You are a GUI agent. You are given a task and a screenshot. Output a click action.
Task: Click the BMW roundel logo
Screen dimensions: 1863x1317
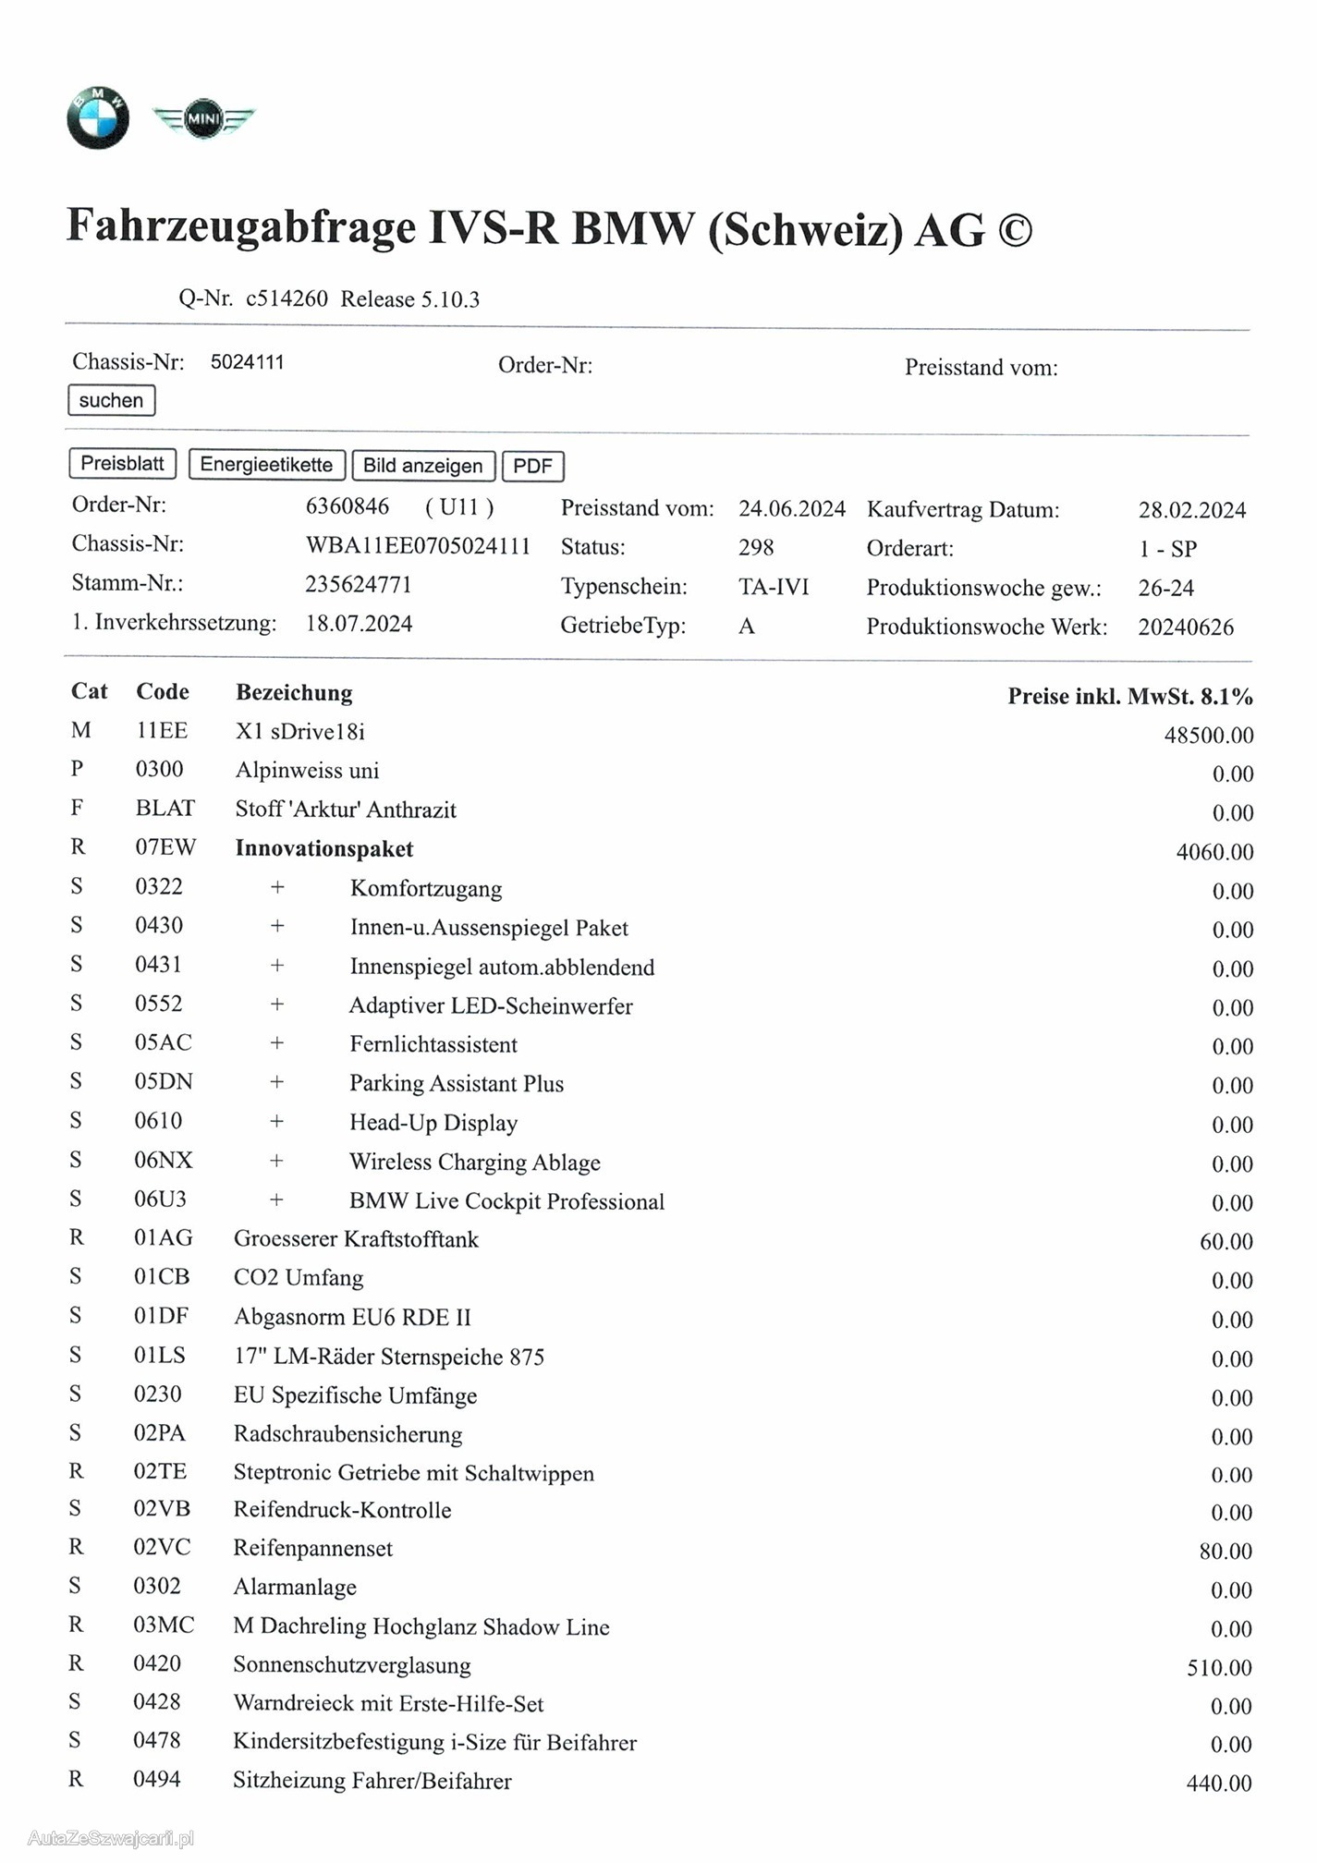98,117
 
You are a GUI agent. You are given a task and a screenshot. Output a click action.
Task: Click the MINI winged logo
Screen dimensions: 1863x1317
203,119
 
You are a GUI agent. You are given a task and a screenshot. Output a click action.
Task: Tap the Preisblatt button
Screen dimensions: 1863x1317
122,464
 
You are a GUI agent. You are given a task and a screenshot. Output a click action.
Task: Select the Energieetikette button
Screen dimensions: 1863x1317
266,465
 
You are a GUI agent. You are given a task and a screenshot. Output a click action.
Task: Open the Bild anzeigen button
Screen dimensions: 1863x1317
423,466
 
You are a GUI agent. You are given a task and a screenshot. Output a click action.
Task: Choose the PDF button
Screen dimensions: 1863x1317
532,466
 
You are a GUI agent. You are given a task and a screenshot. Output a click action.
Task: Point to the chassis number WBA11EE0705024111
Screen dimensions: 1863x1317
418,546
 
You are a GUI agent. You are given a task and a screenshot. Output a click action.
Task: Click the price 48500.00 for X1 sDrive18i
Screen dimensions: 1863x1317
1208,736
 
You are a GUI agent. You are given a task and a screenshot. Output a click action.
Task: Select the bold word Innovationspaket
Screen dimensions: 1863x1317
324,849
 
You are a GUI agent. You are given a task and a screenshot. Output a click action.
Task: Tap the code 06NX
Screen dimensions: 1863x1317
164,1161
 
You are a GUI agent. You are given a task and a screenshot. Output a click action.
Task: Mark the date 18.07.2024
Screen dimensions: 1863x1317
359,624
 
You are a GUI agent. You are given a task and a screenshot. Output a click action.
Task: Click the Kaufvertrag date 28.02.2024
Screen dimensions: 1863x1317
1191,510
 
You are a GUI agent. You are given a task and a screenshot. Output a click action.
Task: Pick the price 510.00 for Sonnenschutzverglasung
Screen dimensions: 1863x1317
1219,1668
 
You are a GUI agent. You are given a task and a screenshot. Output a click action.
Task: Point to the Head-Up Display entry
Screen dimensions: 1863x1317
433,1123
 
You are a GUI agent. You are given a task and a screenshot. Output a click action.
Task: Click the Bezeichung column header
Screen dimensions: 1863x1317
294,693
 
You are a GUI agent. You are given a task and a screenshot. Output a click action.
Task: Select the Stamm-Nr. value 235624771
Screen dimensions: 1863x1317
359,585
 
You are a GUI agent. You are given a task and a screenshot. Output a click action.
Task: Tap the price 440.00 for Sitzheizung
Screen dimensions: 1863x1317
1218,1784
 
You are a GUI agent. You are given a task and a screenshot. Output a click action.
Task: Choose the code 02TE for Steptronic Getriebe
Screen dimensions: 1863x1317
160,1472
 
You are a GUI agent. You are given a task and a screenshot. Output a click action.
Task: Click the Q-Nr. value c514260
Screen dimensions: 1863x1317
287,299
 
